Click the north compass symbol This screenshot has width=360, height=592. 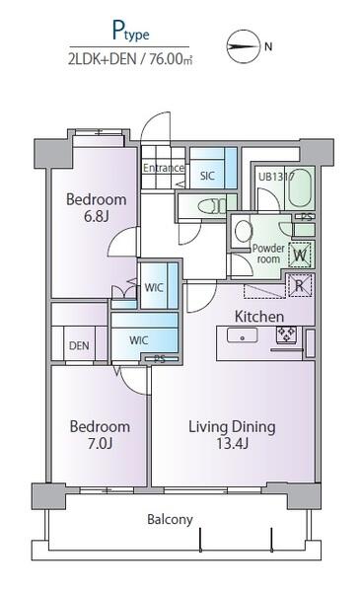click(x=244, y=46)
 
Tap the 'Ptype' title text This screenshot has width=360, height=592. click(x=131, y=32)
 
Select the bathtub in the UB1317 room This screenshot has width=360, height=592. click(x=301, y=186)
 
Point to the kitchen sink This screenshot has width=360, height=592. click(x=242, y=335)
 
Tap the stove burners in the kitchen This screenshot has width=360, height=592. click(x=286, y=334)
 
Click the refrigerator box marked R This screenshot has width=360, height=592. click(x=301, y=285)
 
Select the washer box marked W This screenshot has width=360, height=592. click(x=300, y=255)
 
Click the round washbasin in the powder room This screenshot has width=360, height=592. click(x=244, y=231)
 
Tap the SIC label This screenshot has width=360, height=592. click(x=207, y=176)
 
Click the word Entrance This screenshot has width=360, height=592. click(x=164, y=168)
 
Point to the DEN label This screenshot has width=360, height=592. click(x=79, y=345)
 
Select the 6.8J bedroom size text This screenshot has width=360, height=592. click(x=97, y=217)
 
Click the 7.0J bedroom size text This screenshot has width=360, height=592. click(x=100, y=443)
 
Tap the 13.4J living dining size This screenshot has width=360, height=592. click(x=232, y=443)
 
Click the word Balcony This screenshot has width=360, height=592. click(x=170, y=520)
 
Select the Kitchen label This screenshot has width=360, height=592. click(x=258, y=317)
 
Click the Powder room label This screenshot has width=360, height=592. click(x=268, y=254)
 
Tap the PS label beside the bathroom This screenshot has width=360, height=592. click(x=306, y=217)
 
